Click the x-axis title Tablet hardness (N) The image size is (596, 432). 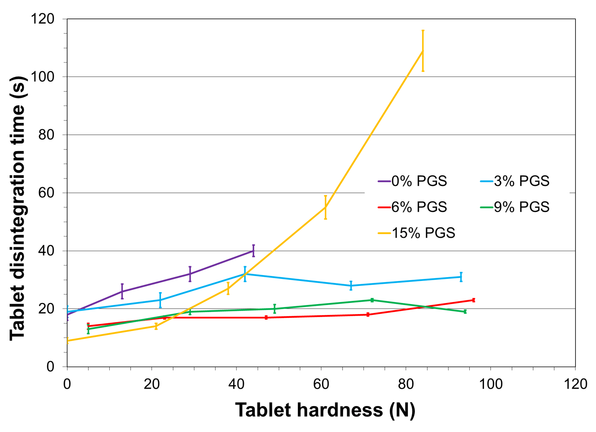[325, 410]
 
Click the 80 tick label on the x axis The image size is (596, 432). [406, 384]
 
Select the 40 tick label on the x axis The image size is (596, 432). [236, 384]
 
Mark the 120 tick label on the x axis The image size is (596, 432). [575, 384]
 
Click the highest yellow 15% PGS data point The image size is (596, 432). [423, 51]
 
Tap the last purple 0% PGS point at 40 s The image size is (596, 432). [253, 251]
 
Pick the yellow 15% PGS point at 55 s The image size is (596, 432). [326, 207]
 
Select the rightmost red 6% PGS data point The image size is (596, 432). [474, 300]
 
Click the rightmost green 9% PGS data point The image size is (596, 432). [465, 311]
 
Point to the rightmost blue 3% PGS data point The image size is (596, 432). [461, 277]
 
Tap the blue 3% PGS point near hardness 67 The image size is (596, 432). [351, 286]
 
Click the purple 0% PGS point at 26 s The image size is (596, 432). [122, 291]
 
